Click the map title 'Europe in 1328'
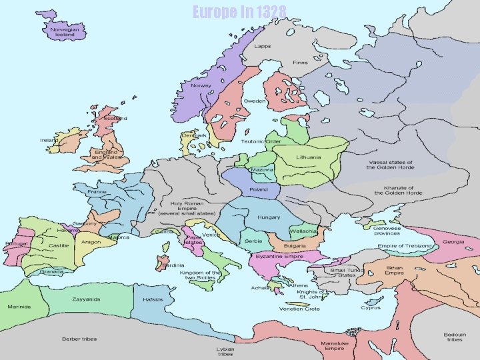[x=239, y=11]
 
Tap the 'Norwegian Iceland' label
[x=65, y=32]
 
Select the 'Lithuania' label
[x=308, y=157]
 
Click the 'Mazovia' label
[x=261, y=169]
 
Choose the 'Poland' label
[x=258, y=189]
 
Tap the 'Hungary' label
[x=269, y=217]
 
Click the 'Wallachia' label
[x=303, y=231]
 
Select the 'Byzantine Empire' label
[x=279, y=256]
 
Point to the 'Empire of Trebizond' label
[x=405, y=246]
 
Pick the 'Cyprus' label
[x=371, y=307]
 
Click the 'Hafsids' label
[x=153, y=299]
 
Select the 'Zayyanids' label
[x=87, y=299]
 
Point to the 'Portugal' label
[x=16, y=243]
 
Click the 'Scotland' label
[x=115, y=119]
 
